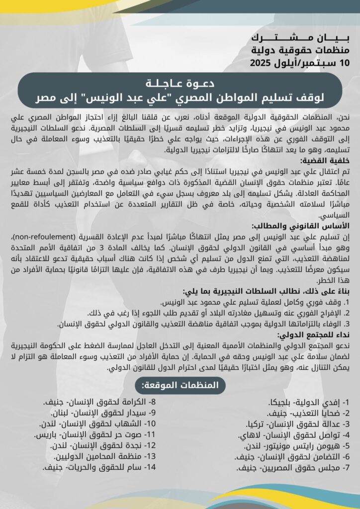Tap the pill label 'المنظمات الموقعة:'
180,385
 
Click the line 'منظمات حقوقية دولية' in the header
298,50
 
